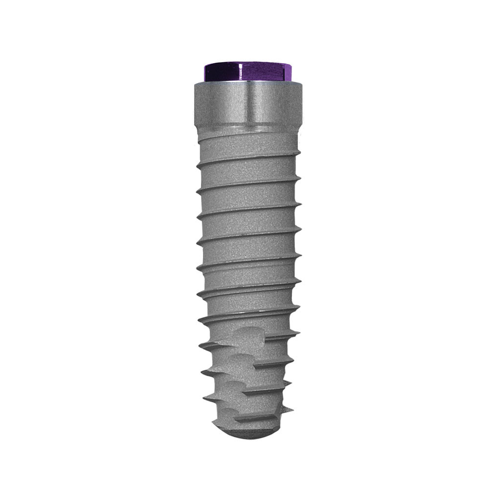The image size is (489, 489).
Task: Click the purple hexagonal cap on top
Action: (x=247, y=71)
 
